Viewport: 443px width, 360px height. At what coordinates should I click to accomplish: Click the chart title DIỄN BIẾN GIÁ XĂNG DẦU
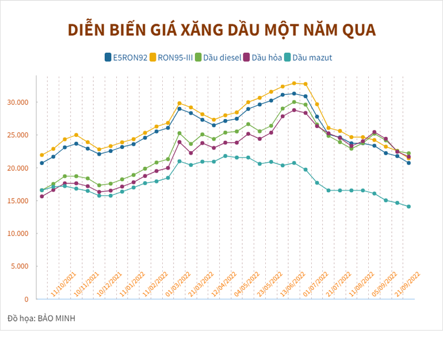[221, 29]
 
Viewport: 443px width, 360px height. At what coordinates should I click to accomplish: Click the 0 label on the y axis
[25, 299]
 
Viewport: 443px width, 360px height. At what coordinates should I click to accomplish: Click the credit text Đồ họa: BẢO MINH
[41, 318]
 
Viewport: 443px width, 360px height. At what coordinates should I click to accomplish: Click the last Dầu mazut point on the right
[409, 206]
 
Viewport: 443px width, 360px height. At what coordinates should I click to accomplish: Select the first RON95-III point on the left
[42, 155]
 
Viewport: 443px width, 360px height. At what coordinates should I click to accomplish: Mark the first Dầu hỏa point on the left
[42, 196]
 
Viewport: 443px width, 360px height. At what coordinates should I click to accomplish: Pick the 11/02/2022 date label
[155, 284]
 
